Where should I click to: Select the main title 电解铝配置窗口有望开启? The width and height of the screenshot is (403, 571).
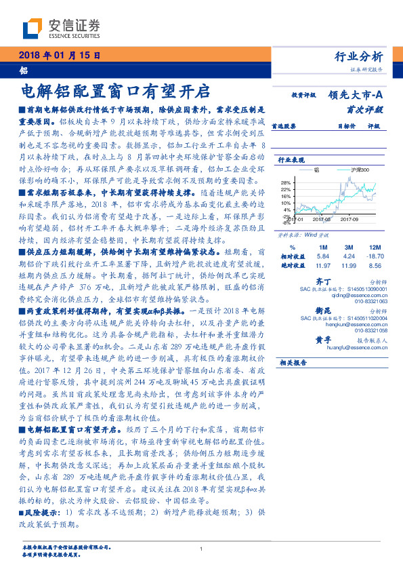click(x=116, y=91)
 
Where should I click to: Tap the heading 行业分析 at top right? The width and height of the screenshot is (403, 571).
click(x=358, y=56)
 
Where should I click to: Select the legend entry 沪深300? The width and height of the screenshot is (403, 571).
click(x=362, y=170)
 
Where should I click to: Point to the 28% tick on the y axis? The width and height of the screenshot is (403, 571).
click(x=287, y=183)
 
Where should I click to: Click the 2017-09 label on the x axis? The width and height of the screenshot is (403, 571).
click(x=349, y=219)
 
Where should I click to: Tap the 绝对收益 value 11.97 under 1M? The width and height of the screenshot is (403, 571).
click(x=322, y=267)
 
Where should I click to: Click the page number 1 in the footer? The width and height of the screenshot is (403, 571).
click(x=202, y=549)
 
